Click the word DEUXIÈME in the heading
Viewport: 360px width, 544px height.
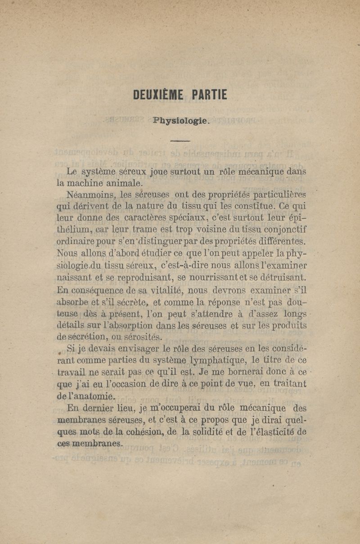pos(158,95)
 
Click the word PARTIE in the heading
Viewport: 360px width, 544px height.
pos(209,95)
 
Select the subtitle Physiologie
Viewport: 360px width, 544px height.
pos(181,121)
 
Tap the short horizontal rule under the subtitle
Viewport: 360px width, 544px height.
pos(180,141)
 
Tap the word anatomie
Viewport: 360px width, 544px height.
pos(94,396)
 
